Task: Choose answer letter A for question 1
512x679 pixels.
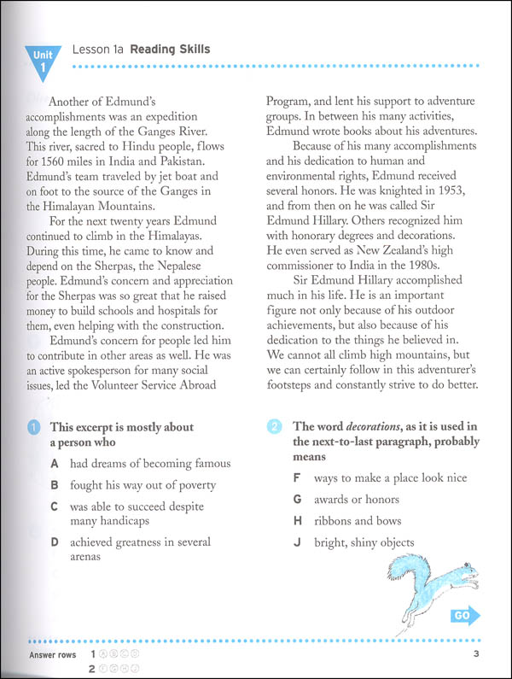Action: point(54,464)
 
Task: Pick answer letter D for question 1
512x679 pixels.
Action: point(54,541)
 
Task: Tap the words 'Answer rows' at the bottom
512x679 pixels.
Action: point(51,655)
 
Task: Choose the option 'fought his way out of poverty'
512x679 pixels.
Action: point(143,485)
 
